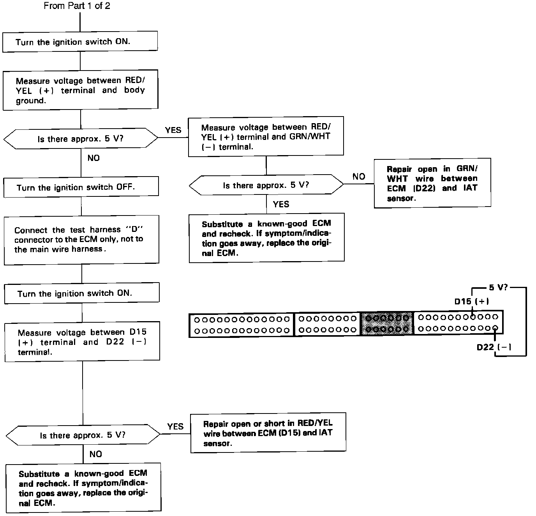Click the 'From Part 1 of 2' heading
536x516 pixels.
tap(77, 6)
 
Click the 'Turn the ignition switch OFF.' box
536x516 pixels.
tap(81, 187)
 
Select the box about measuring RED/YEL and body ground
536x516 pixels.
tap(80, 90)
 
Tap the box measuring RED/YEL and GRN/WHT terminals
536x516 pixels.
tap(266, 137)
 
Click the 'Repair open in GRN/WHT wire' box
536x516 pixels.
tap(432, 183)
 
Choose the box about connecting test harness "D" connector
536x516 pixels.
tap(81, 240)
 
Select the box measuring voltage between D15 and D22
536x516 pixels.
tap(82, 341)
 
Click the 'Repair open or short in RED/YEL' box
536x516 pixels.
tap(268, 433)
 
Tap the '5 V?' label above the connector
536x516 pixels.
tap(498, 288)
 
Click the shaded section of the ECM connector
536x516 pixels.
tap(387, 323)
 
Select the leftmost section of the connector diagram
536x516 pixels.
tap(242, 325)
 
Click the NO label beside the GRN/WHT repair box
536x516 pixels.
tap(359, 177)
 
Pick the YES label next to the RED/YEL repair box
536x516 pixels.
tap(175, 426)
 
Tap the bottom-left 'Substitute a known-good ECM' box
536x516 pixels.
tap(83, 488)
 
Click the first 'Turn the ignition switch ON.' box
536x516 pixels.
tap(80, 42)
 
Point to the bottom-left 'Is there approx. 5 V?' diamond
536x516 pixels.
tap(83, 435)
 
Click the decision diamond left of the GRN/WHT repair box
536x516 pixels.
tap(266, 185)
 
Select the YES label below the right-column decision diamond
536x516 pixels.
tap(281, 204)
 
